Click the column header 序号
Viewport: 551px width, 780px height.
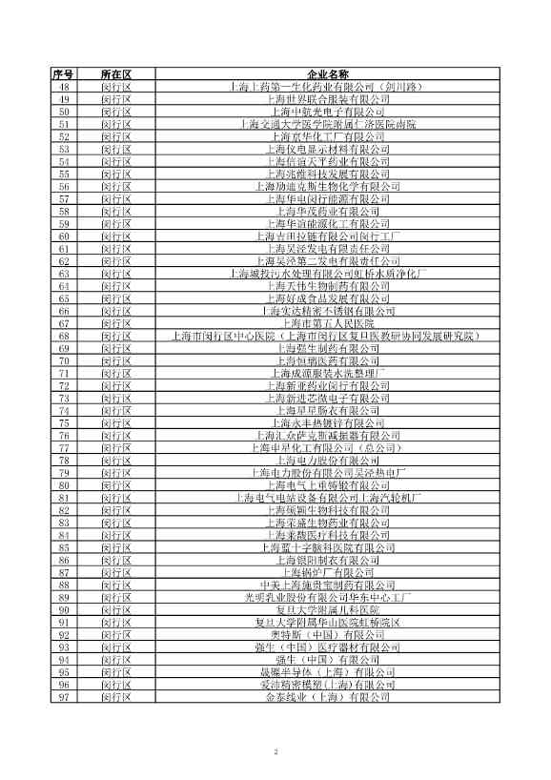click(64, 73)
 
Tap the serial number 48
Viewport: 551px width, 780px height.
click(64, 87)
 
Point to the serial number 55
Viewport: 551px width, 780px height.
click(64, 174)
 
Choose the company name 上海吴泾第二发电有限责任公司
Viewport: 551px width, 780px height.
click(328, 261)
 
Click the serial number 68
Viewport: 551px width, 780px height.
click(64, 336)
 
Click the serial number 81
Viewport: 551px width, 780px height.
click(64, 497)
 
